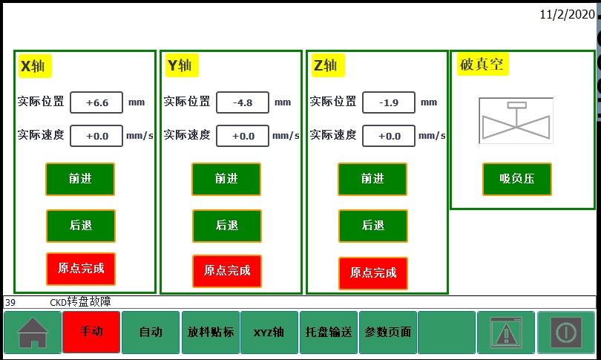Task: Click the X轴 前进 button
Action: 80,179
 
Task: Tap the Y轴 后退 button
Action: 226,226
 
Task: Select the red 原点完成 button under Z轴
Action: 372,273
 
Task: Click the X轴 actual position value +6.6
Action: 96,102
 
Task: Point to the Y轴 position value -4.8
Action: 243,102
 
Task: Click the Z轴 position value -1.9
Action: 389,102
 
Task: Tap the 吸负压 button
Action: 517,179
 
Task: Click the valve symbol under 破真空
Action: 516,120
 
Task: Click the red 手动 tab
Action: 91,332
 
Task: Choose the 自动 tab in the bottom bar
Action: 151,332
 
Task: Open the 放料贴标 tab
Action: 210,332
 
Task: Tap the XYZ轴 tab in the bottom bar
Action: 269,332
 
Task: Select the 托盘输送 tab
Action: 328,332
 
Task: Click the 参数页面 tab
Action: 387,332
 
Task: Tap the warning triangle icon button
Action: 506,332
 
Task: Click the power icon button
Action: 565,332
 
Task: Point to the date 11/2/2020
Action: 567,15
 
